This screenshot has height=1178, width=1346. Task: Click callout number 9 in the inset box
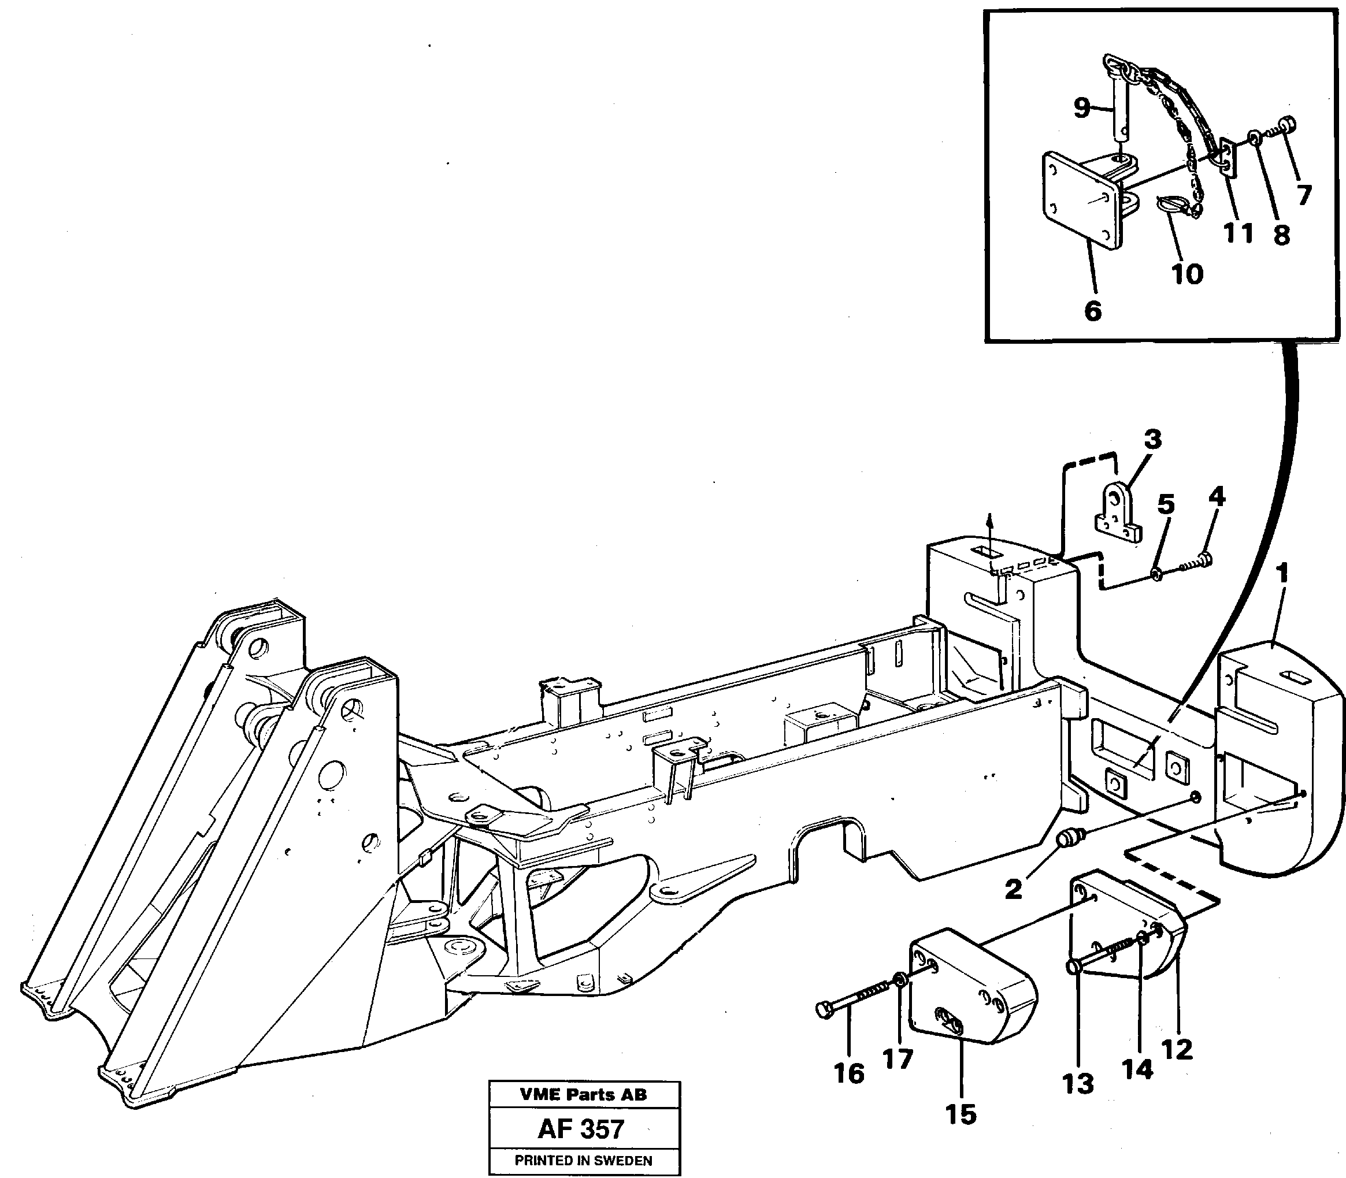(x=1082, y=109)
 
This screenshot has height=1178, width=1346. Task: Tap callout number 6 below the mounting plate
(x=1092, y=310)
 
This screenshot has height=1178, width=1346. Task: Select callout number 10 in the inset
(x=1187, y=274)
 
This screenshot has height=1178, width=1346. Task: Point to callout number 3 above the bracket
(x=1152, y=439)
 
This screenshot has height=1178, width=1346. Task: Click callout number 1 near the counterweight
(x=1281, y=573)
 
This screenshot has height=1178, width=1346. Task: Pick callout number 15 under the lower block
(x=961, y=1113)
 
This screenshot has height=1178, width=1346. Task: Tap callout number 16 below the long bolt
(x=848, y=1073)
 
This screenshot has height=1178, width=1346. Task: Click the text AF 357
(x=581, y=1129)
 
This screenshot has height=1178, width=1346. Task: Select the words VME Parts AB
(x=583, y=1094)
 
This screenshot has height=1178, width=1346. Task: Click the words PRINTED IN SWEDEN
(x=583, y=1161)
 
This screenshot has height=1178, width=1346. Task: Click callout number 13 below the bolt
(x=1078, y=1083)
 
